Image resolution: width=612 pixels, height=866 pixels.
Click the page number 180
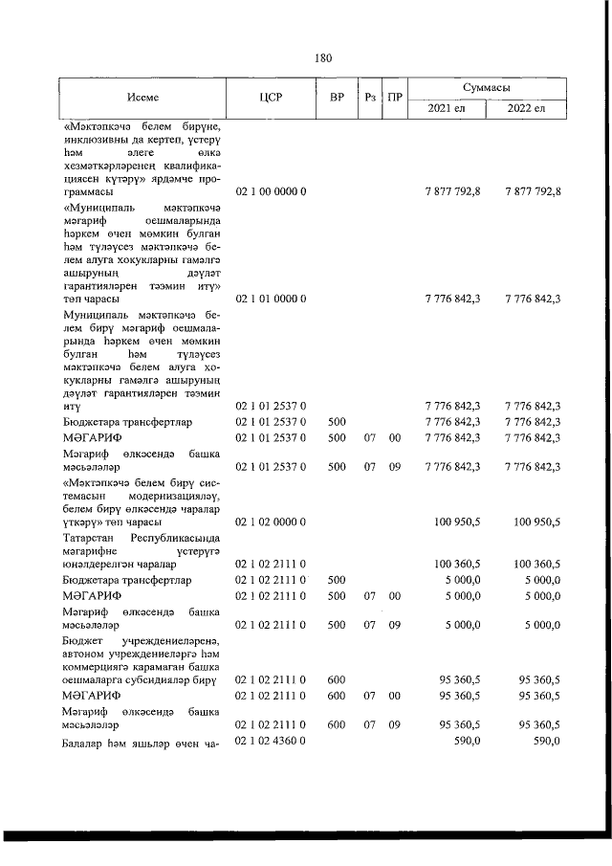(323, 57)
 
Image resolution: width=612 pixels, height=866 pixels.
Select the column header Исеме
(142, 98)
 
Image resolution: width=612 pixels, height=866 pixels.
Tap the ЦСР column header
(270, 98)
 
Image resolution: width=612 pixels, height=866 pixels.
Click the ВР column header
(337, 98)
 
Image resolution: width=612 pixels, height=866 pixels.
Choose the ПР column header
(395, 98)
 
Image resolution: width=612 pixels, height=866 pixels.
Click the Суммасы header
(486, 88)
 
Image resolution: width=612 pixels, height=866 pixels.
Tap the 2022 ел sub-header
(526, 108)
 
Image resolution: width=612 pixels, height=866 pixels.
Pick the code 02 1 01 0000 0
(271, 299)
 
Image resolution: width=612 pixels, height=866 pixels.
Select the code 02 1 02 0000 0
(271, 522)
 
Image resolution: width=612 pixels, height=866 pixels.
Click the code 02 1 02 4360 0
(271, 742)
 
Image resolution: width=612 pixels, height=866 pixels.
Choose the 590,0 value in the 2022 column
(545, 742)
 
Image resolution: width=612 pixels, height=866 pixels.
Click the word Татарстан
(89, 539)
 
